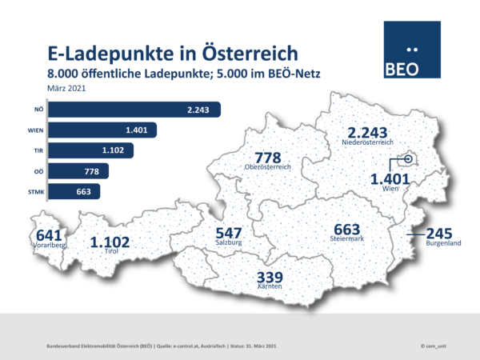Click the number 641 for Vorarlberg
point(47,235)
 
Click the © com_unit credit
point(435,345)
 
